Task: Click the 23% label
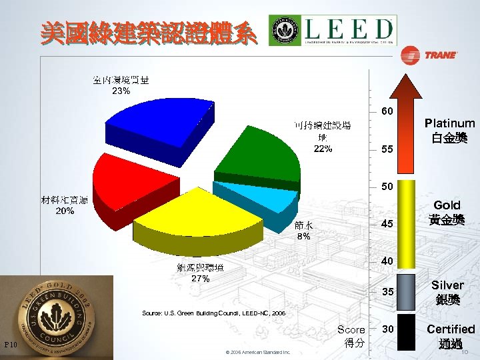pos(121,91)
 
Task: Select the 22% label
pos(323,149)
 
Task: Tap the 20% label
pos(65,211)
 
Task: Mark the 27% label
pos(201,279)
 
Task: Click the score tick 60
pos(387,110)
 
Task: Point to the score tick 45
pos(387,225)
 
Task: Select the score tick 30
pos(387,329)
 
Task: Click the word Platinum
pos(449,123)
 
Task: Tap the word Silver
pos(447,285)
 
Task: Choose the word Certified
pos(451,329)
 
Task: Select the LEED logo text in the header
pos(347,29)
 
